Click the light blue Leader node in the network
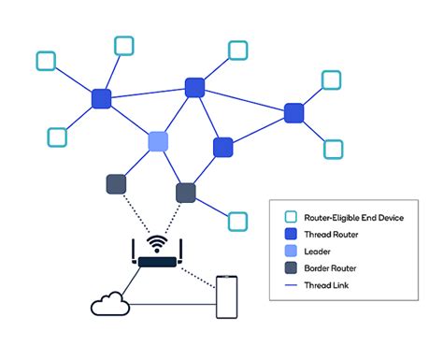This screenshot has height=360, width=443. (158, 141)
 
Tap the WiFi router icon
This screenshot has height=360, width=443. (157, 253)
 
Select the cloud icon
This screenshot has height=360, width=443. (109, 304)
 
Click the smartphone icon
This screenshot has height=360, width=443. (225, 297)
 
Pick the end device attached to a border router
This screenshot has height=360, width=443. (238, 221)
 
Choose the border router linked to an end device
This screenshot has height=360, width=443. (186, 193)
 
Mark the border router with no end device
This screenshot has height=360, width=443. (116, 184)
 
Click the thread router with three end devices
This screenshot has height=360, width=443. (102, 98)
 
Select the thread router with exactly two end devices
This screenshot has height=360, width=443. (294, 113)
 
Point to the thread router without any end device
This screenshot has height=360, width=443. (222, 147)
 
